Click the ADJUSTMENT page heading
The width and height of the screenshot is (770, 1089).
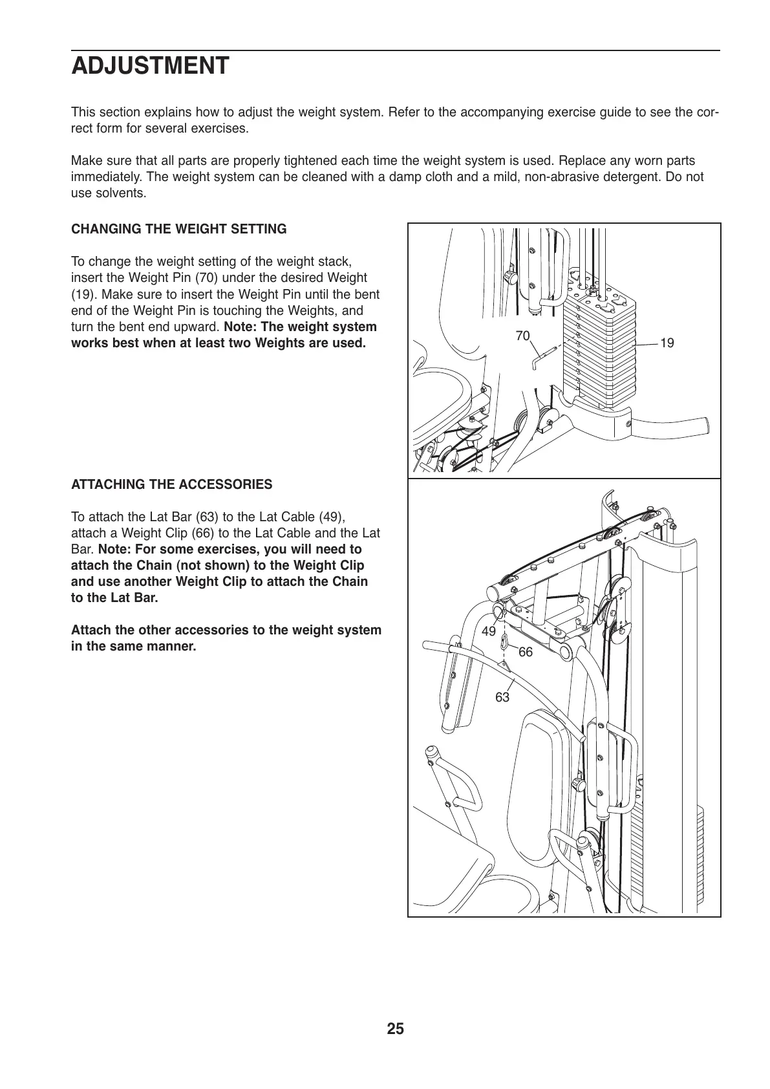click(150, 67)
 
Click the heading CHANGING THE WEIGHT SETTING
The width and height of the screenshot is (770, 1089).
click(178, 229)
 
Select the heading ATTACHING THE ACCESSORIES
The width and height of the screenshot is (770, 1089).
click(171, 484)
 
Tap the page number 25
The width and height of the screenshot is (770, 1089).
click(396, 1029)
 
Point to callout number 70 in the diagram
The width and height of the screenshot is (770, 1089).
click(522, 336)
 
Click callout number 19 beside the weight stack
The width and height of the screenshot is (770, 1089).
click(667, 343)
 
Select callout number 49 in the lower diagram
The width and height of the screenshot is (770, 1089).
click(489, 631)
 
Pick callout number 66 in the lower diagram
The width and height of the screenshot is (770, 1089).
click(526, 652)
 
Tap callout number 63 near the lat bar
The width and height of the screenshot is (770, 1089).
click(502, 697)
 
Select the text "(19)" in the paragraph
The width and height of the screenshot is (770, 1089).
click(82, 294)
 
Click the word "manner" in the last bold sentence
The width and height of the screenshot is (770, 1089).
click(173, 646)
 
